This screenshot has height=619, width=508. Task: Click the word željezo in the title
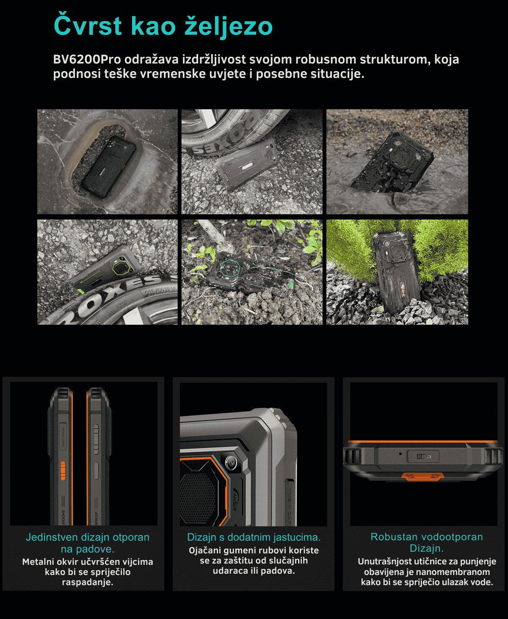click(x=229, y=26)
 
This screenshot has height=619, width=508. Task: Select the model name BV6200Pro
click(x=87, y=59)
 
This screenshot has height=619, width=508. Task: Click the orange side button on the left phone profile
click(x=63, y=470)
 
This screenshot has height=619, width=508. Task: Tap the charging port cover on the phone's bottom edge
click(x=423, y=456)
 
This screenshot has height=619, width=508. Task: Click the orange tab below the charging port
click(x=423, y=477)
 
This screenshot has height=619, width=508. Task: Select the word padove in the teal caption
click(x=94, y=549)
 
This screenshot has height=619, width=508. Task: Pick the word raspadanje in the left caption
click(x=88, y=582)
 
